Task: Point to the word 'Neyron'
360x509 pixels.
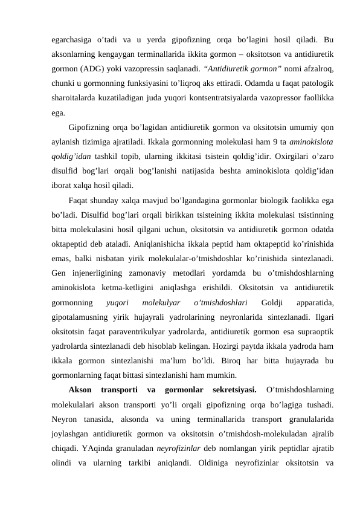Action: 65,419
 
